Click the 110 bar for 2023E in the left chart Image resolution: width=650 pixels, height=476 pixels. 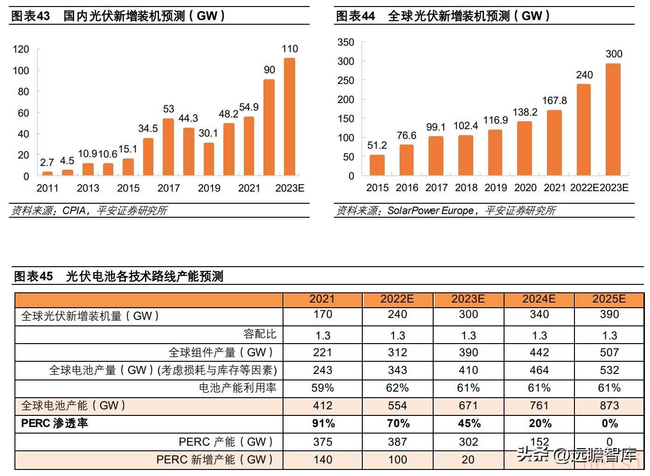[290, 117]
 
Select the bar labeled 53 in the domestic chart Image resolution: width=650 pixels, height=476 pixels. [168, 147]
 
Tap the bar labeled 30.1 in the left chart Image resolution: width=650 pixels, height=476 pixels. [208, 159]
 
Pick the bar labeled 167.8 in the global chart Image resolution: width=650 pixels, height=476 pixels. [554, 143]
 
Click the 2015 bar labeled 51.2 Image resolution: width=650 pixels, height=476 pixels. [377, 165]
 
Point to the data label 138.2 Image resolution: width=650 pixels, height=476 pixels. [525, 112]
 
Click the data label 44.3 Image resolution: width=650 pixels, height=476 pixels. [188, 118]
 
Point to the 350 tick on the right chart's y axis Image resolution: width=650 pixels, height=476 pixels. [346, 42]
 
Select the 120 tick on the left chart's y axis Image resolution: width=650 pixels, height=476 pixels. [21, 49]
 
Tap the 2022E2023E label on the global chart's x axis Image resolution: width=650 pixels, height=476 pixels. [599, 188]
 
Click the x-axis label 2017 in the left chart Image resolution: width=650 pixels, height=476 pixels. [168, 188]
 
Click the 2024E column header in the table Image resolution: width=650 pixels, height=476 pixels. [539, 299]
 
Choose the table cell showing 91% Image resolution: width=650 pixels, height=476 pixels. [323, 423]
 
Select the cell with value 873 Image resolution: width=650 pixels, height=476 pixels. [609, 406]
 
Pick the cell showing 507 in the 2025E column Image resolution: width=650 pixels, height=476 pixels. [609, 352]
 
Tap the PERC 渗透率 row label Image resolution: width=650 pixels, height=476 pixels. [55, 423]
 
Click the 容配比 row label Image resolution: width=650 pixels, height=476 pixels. [260, 334]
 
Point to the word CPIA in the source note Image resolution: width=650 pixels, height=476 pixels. [74, 211]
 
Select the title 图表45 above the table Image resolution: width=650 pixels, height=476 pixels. [34, 276]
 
